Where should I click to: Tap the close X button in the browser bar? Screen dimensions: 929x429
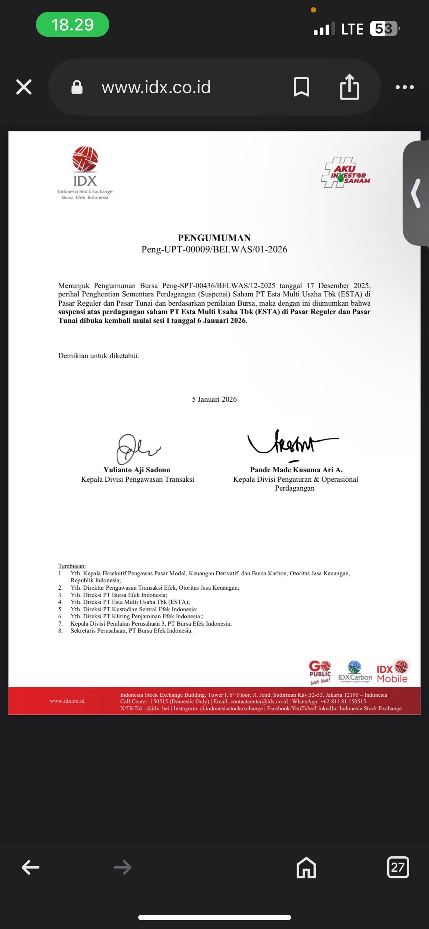pyautogui.click(x=24, y=87)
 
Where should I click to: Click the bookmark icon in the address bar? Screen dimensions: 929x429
pyautogui.click(x=301, y=87)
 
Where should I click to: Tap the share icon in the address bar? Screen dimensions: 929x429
pyautogui.click(x=349, y=87)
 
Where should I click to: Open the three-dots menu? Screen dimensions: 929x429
pyautogui.click(x=404, y=87)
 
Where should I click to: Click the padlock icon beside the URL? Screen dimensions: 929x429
pyautogui.click(x=77, y=87)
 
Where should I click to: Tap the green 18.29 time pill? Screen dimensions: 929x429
pyautogui.click(x=73, y=25)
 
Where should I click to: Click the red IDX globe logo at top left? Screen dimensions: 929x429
pyautogui.click(x=85, y=159)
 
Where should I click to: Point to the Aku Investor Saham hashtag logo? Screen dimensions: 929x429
pyautogui.click(x=346, y=172)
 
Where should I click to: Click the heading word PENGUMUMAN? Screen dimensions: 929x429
pyautogui.click(x=214, y=238)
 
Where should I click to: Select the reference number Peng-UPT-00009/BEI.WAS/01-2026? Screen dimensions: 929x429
pyautogui.click(x=214, y=249)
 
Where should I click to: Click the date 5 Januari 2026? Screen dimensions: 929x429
pyautogui.click(x=214, y=399)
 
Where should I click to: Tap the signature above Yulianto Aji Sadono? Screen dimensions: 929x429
pyautogui.click(x=136, y=448)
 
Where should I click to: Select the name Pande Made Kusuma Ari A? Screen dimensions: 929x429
pyautogui.click(x=296, y=470)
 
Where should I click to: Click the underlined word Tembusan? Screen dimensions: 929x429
pyautogui.click(x=72, y=566)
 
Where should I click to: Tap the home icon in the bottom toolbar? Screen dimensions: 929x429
pyautogui.click(x=306, y=867)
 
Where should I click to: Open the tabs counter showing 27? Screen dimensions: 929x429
pyautogui.click(x=398, y=867)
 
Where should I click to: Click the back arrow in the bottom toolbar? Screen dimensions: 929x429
pyautogui.click(x=30, y=867)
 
